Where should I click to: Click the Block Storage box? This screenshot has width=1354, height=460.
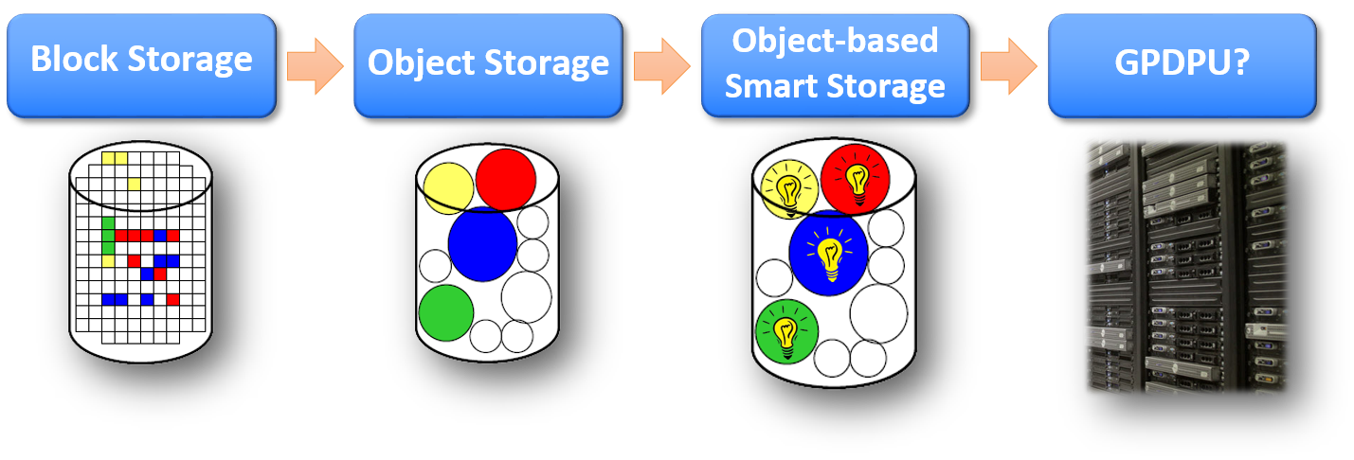click(141, 64)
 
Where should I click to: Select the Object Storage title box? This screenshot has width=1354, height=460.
click(488, 64)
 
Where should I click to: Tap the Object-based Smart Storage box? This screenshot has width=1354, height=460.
click(835, 64)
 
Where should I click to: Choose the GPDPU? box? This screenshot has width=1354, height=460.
click(1182, 64)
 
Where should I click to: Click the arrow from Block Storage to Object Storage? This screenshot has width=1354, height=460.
click(315, 64)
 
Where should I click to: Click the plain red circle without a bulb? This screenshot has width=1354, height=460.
click(506, 179)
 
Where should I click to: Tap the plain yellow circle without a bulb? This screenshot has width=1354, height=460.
click(448, 187)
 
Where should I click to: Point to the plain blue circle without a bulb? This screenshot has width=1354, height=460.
click(482, 244)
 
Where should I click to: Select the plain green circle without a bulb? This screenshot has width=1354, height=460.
click(445, 311)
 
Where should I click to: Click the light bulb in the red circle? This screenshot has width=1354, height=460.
click(858, 180)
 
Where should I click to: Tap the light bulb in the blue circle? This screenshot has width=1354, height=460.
click(830, 258)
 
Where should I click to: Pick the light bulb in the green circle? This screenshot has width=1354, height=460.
click(785, 332)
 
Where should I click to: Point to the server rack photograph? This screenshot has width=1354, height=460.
click(1186, 265)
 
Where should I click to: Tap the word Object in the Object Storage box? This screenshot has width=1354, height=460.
click(416, 63)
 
